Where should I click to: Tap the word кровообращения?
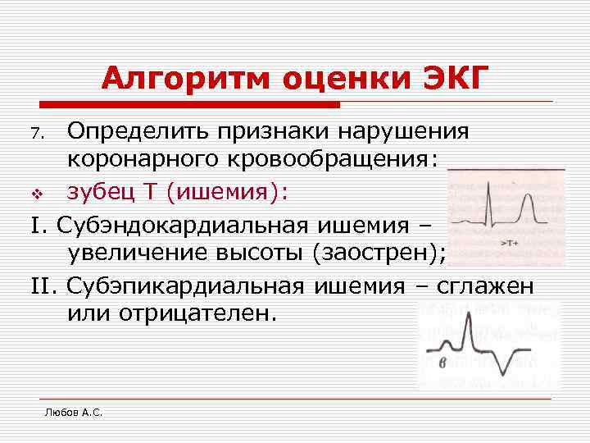tap(345, 158)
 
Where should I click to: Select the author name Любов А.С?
tap(73, 412)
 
